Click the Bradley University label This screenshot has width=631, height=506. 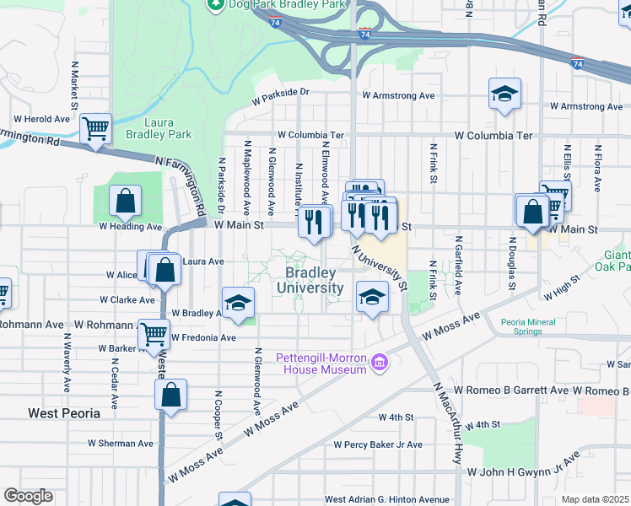(314, 281)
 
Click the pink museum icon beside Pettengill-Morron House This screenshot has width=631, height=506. (380, 363)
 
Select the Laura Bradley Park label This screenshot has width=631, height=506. (159, 128)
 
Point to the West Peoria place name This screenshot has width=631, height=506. (64, 413)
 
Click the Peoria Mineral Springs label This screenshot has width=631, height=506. (533, 326)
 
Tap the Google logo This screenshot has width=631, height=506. (28, 496)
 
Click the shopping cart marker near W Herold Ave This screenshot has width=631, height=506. (96, 130)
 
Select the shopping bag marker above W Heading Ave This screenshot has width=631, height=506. (125, 201)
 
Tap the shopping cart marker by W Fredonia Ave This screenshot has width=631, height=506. (154, 334)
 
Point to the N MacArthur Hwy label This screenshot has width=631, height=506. (447, 423)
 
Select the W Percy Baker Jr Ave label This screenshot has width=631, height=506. (378, 444)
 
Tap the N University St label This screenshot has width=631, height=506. (380, 269)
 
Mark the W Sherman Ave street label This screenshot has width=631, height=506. (121, 443)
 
